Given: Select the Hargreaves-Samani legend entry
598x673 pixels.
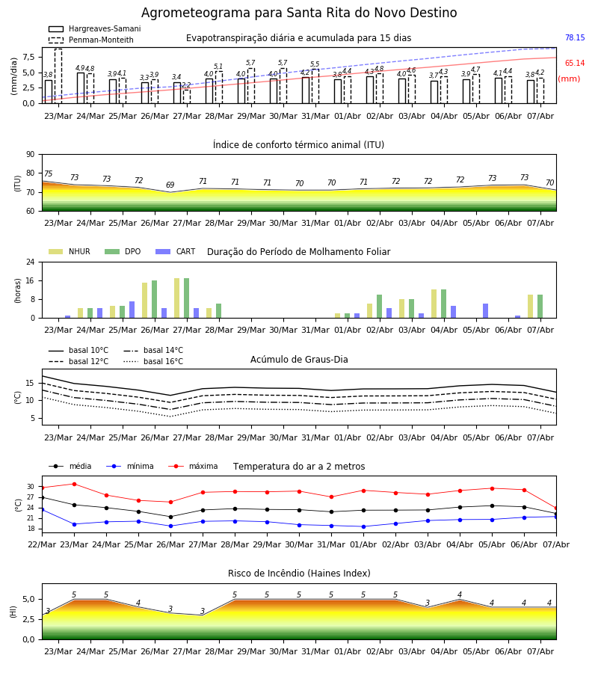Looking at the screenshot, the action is pos(95,28).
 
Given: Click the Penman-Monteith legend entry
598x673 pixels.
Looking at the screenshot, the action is pos(91,40).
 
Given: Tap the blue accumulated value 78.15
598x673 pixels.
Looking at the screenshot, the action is pos(575,38).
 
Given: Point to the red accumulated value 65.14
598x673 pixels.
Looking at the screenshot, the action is pos(575,63).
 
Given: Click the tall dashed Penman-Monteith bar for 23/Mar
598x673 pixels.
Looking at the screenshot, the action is pos(58,76).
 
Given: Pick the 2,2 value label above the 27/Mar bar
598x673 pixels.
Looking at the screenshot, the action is pos(186,85).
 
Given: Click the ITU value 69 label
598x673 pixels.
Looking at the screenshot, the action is pos(170,185).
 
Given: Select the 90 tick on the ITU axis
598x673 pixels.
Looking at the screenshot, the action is pos(31,155).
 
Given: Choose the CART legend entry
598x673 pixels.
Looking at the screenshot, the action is pos(176,251).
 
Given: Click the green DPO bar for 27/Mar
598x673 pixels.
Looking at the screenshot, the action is pos(187,298).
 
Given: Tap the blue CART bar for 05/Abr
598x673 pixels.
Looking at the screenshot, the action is pos(486,311).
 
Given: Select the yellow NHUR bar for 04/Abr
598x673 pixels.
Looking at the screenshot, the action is pos(434,304).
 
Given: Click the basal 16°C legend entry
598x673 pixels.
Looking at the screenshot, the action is pos(153,361).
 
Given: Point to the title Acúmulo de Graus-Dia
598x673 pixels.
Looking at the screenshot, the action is pos(299,359).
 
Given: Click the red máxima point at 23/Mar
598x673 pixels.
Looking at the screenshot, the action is pos(74,484).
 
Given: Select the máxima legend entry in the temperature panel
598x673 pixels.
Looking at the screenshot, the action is pos(193,466).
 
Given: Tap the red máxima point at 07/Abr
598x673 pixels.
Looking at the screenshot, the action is pos(556,508).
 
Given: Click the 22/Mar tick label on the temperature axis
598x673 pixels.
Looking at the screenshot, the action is pos(42,544).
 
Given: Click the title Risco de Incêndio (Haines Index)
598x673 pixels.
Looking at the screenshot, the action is pos(299,574).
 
